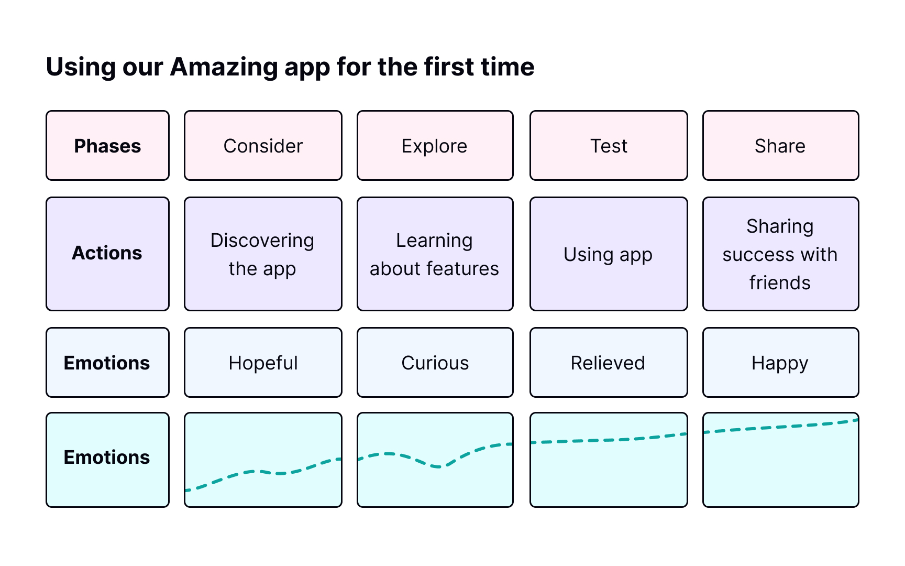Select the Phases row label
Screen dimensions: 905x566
pyautogui.click(x=107, y=146)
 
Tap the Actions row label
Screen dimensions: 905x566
pyautogui.click(x=107, y=254)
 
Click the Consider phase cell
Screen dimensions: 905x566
pyautogui.click(x=263, y=146)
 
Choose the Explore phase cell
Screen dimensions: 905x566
pyautogui.click(x=435, y=146)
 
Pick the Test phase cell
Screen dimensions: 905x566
pyautogui.click(x=609, y=146)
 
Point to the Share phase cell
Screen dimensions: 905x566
pyautogui.click(x=780, y=146)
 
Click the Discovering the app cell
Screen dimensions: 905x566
pyautogui.click(x=263, y=254)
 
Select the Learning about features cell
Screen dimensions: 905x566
pyautogui.click(x=435, y=254)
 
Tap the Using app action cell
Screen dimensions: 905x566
pyautogui.click(x=609, y=254)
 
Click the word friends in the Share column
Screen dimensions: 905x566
pyautogui.click(x=780, y=282)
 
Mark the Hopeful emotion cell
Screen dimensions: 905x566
pyautogui.click(x=263, y=363)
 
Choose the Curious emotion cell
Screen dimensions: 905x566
pyautogui.click(x=435, y=363)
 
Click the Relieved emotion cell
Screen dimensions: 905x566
pyautogui.click(x=609, y=363)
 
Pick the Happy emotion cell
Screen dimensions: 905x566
pyautogui.click(x=780, y=363)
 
